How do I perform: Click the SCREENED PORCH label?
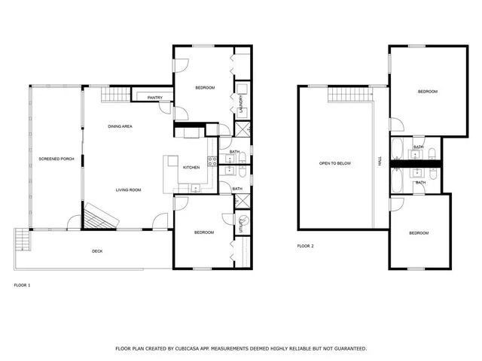[56, 159]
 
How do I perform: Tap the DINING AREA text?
[120, 126]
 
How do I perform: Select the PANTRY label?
[155, 98]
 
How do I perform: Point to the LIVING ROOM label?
[128, 190]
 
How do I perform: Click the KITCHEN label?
[191, 167]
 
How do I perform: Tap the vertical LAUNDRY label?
[240, 104]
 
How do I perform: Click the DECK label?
[97, 251]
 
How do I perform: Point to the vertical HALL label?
[380, 161]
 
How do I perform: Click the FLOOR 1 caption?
[23, 285]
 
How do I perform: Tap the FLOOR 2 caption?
[305, 246]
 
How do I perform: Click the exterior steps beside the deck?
[22, 241]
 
